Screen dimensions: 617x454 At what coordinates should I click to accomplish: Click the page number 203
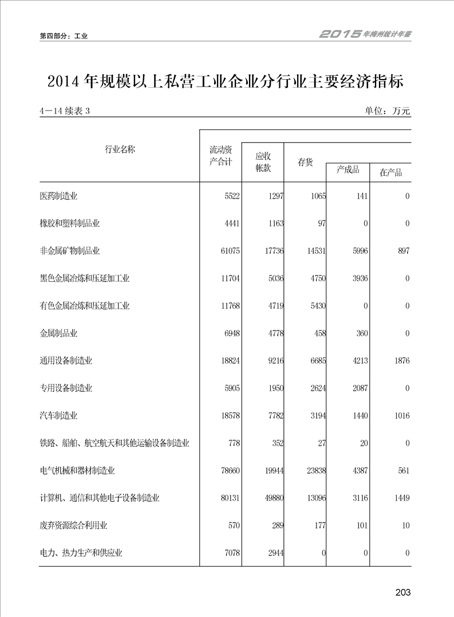tap(402, 592)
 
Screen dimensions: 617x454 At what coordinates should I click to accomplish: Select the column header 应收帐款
tap(263, 162)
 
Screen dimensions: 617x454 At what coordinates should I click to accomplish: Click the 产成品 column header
tap(348, 170)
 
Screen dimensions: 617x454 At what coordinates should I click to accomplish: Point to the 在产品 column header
tap(390, 172)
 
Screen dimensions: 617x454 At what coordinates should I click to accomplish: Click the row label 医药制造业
tap(58, 196)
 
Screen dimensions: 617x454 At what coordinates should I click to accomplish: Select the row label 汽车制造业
tap(58, 415)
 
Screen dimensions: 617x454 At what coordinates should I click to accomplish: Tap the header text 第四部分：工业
tap(63, 36)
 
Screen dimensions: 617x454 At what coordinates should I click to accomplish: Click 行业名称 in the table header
tap(120, 150)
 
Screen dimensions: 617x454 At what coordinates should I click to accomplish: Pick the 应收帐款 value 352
tap(275, 443)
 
